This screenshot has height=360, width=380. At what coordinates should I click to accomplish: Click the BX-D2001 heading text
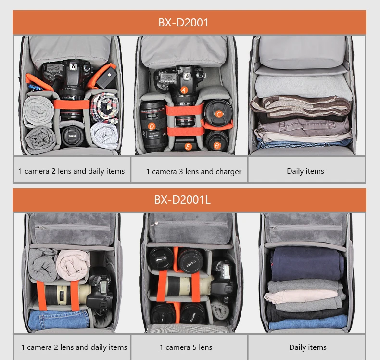[x=183, y=22]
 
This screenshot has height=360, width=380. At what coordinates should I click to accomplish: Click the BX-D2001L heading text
[x=182, y=200]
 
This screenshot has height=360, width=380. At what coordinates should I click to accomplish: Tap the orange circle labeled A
[x=184, y=90]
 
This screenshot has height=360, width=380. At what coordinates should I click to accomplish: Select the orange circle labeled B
[x=217, y=145]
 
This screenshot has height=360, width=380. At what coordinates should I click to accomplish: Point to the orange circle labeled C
[x=219, y=115]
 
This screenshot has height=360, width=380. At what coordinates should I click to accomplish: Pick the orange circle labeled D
[x=152, y=127]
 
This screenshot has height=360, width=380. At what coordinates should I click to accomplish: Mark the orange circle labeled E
[x=188, y=146]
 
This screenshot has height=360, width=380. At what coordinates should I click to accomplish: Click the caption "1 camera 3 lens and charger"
[x=193, y=171]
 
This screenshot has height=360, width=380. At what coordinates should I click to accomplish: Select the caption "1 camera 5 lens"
[x=186, y=347]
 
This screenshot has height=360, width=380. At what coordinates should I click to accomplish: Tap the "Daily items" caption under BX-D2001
[x=305, y=171]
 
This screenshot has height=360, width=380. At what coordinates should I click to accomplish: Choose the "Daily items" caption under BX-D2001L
[x=308, y=347]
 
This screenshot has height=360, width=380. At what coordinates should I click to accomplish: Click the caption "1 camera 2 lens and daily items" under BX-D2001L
[x=74, y=347]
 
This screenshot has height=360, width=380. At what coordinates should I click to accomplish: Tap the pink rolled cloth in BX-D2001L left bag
[x=73, y=263]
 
